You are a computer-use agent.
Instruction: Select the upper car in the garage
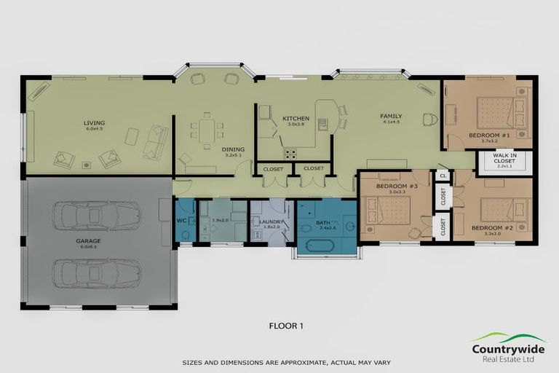(x=96, y=215)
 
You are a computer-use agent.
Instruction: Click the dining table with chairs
(x=207, y=131)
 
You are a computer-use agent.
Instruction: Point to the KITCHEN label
(x=296, y=118)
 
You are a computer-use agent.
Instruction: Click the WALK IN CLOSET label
(x=504, y=160)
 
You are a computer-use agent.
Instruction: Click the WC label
(x=182, y=220)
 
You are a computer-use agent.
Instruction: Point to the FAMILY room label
(x=391, y=116)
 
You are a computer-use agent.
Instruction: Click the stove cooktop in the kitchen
(x=290, y=153)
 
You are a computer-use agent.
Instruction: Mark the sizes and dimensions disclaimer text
(x=279, y=362)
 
